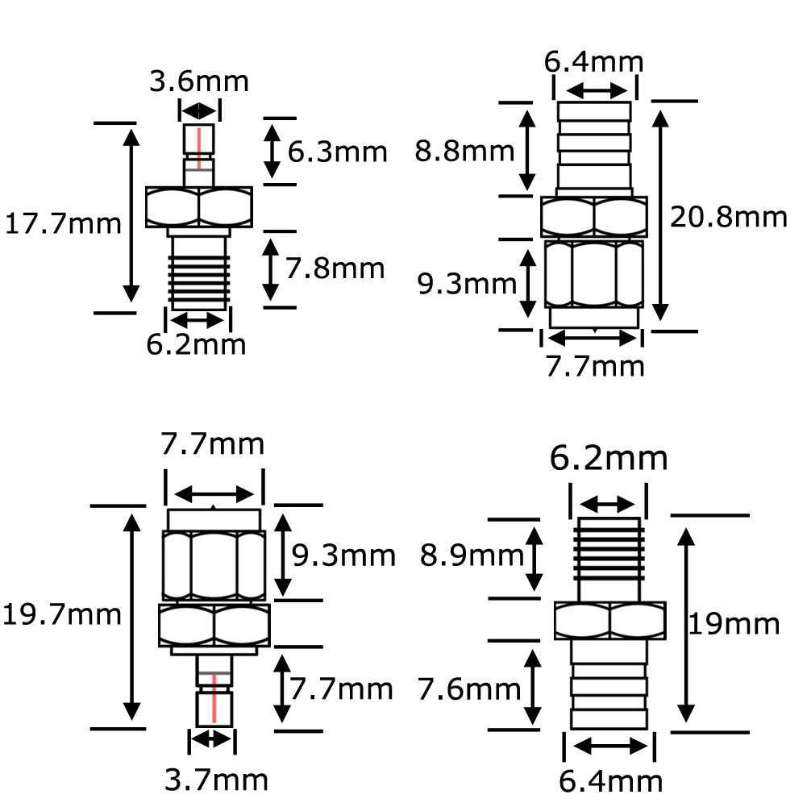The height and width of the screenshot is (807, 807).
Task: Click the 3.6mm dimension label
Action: pyautogui.click(x=199, y=81)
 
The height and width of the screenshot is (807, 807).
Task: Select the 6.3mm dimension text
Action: pyautogui.click(x=337, y=151)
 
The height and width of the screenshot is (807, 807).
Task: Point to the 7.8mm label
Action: pyautogui.click(x=335, y=268)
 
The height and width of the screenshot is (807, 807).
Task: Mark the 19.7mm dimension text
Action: pyautogui.click(x=62, y=615)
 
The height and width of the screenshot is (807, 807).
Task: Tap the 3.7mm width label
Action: pyautogui.click(x=216, y=780)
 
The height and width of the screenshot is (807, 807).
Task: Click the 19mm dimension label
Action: pyautogui.click(x=734, y=624)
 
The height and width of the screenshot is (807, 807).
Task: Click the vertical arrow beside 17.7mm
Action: pyautogui.click(x=129, y=216)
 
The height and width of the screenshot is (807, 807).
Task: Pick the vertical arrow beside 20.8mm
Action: pyautogui.click(x=661, y=215)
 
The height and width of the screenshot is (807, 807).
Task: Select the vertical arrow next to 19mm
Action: pyautogui.click(x=686, y=626)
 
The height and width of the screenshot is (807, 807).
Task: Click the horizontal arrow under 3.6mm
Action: pyautogui.click(x=198, y=111)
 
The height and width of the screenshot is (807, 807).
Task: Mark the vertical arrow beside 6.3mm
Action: pyautogui.click(x=272, y=151)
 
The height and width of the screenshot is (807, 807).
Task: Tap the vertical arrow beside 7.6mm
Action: pyautogui.click(x=534, y=688)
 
